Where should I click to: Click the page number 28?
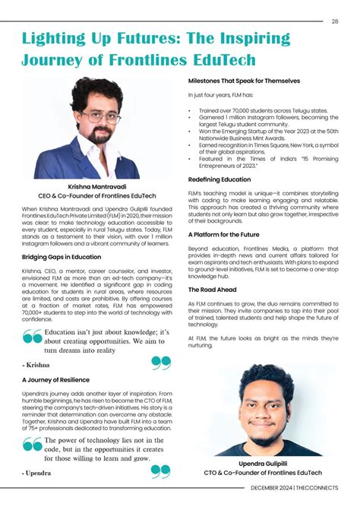(x=334, y=21)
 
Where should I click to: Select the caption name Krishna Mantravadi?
(x=96, y=185)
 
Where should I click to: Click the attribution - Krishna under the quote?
(x=36, y=365)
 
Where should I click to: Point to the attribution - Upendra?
(x=37, y=473)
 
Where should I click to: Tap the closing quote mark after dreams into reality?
(x=160, y=363)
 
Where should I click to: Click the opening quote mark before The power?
(x=33, y=445)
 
